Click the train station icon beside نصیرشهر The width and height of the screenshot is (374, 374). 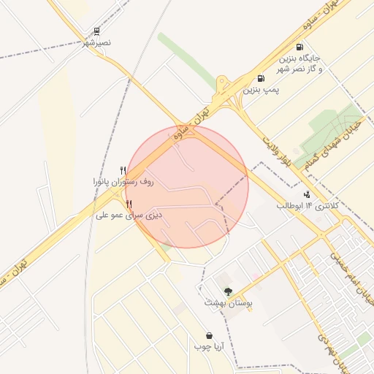pyautogui.click(x=96, y=31)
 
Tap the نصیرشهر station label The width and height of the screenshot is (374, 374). pyautogui.click(x=96, y=43)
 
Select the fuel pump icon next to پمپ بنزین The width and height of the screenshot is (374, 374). pyautogui.click(x=261, y=79)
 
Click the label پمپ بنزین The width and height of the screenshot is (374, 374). pyautogui.click(x=262, y=91)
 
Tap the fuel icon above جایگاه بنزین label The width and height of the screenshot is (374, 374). pyautogui.click(x=300, y=46)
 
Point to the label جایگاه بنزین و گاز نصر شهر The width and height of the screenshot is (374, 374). pyautogui.click(x=299, y=63)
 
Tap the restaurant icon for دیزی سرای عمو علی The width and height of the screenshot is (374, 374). pyautogui.click(x=129, y=204)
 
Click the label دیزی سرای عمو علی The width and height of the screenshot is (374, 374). pyautogui.click(x=129, y=216)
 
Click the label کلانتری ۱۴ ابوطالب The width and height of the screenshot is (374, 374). pyautogui.click(x=308, y=206)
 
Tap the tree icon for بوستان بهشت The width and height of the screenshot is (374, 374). pyautogui.click(x=228, y=291)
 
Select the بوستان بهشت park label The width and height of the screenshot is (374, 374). pyautogui.click(x=228, y=302)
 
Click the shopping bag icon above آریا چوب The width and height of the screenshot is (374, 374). pyautogui.click(x=209, y=335)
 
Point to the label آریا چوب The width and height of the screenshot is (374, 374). pyautogui.click(x=209, y=347)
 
